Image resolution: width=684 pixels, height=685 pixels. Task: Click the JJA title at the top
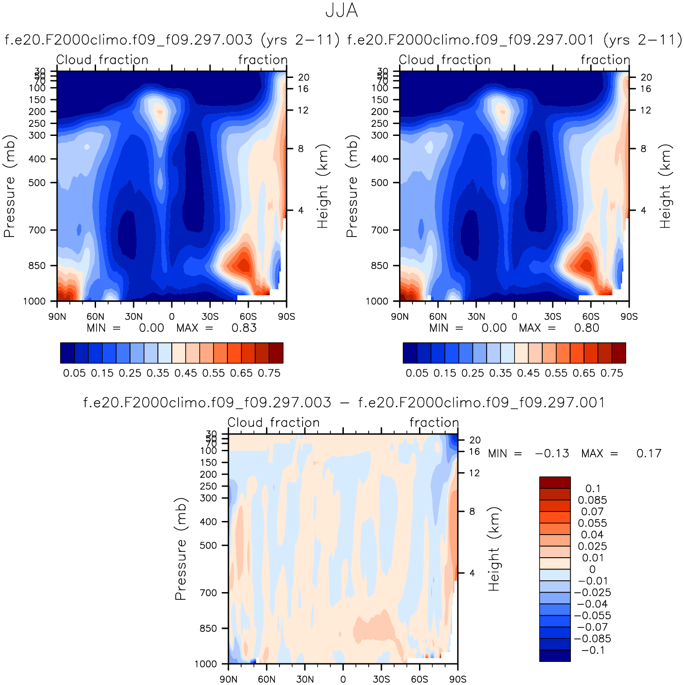click(342, 11)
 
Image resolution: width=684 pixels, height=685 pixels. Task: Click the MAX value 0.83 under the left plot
click(244, 328)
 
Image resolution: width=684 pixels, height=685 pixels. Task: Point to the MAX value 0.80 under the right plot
click(586, 328)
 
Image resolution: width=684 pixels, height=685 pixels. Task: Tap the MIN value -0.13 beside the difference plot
click(552, 453)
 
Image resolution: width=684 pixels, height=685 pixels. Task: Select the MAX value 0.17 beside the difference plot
click(649, 453)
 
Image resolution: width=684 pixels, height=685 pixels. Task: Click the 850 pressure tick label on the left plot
click(37, 266)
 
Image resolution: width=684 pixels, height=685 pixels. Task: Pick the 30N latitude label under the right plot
click(476, 317)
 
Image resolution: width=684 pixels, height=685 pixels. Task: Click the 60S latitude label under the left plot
click(248, 317)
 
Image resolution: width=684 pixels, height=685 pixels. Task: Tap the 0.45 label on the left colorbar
click(186, 373)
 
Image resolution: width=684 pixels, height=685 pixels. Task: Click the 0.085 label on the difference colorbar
click(592, 500)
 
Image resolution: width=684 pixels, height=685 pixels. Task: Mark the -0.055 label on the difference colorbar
click(592, 616)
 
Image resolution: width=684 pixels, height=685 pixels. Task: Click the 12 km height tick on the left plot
click(303, 111)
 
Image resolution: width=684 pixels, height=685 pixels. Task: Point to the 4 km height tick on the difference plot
click(472, 573)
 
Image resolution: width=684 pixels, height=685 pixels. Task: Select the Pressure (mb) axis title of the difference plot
click(180, 549)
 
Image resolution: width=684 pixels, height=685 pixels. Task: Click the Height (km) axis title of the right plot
click(665, 186)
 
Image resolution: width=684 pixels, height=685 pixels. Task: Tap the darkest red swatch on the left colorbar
click(276, 353)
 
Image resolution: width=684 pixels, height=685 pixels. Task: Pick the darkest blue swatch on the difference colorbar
click(554, 656)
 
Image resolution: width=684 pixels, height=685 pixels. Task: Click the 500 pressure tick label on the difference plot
click(208, 545)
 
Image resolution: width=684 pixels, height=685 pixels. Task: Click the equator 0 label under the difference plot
click(343, 679)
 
